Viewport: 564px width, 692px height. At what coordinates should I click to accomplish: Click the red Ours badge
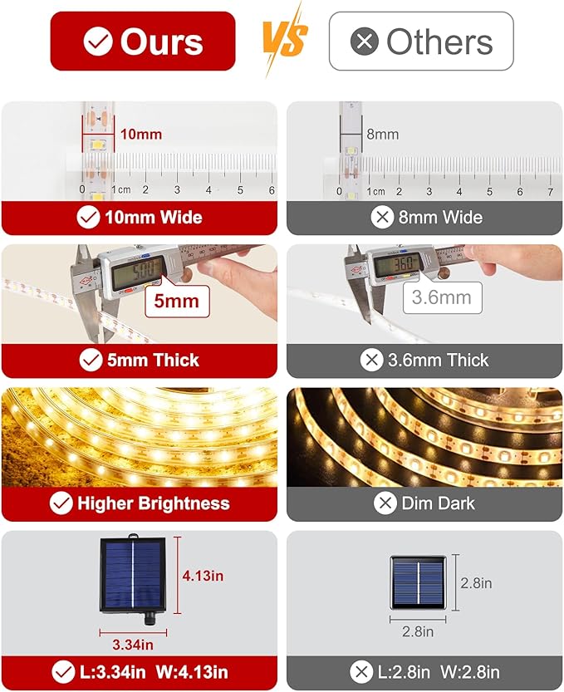click(x=143, y=41)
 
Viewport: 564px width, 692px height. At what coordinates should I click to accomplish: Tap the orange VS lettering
click(x=284, y=39)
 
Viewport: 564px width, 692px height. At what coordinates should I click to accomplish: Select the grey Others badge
click(x=421, y=41)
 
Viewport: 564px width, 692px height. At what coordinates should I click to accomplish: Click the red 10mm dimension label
click(x=140, y=134)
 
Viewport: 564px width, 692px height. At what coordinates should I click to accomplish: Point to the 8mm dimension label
click(x=382, y=134)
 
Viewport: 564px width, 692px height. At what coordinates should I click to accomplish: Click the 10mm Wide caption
click(x=140, y=218)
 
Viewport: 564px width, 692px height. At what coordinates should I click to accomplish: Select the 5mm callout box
click(x=177, y=300)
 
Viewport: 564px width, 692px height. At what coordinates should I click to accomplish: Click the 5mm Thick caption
click(x=140, y=361)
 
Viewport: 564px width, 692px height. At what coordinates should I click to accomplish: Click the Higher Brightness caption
click(x=140, y=503)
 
